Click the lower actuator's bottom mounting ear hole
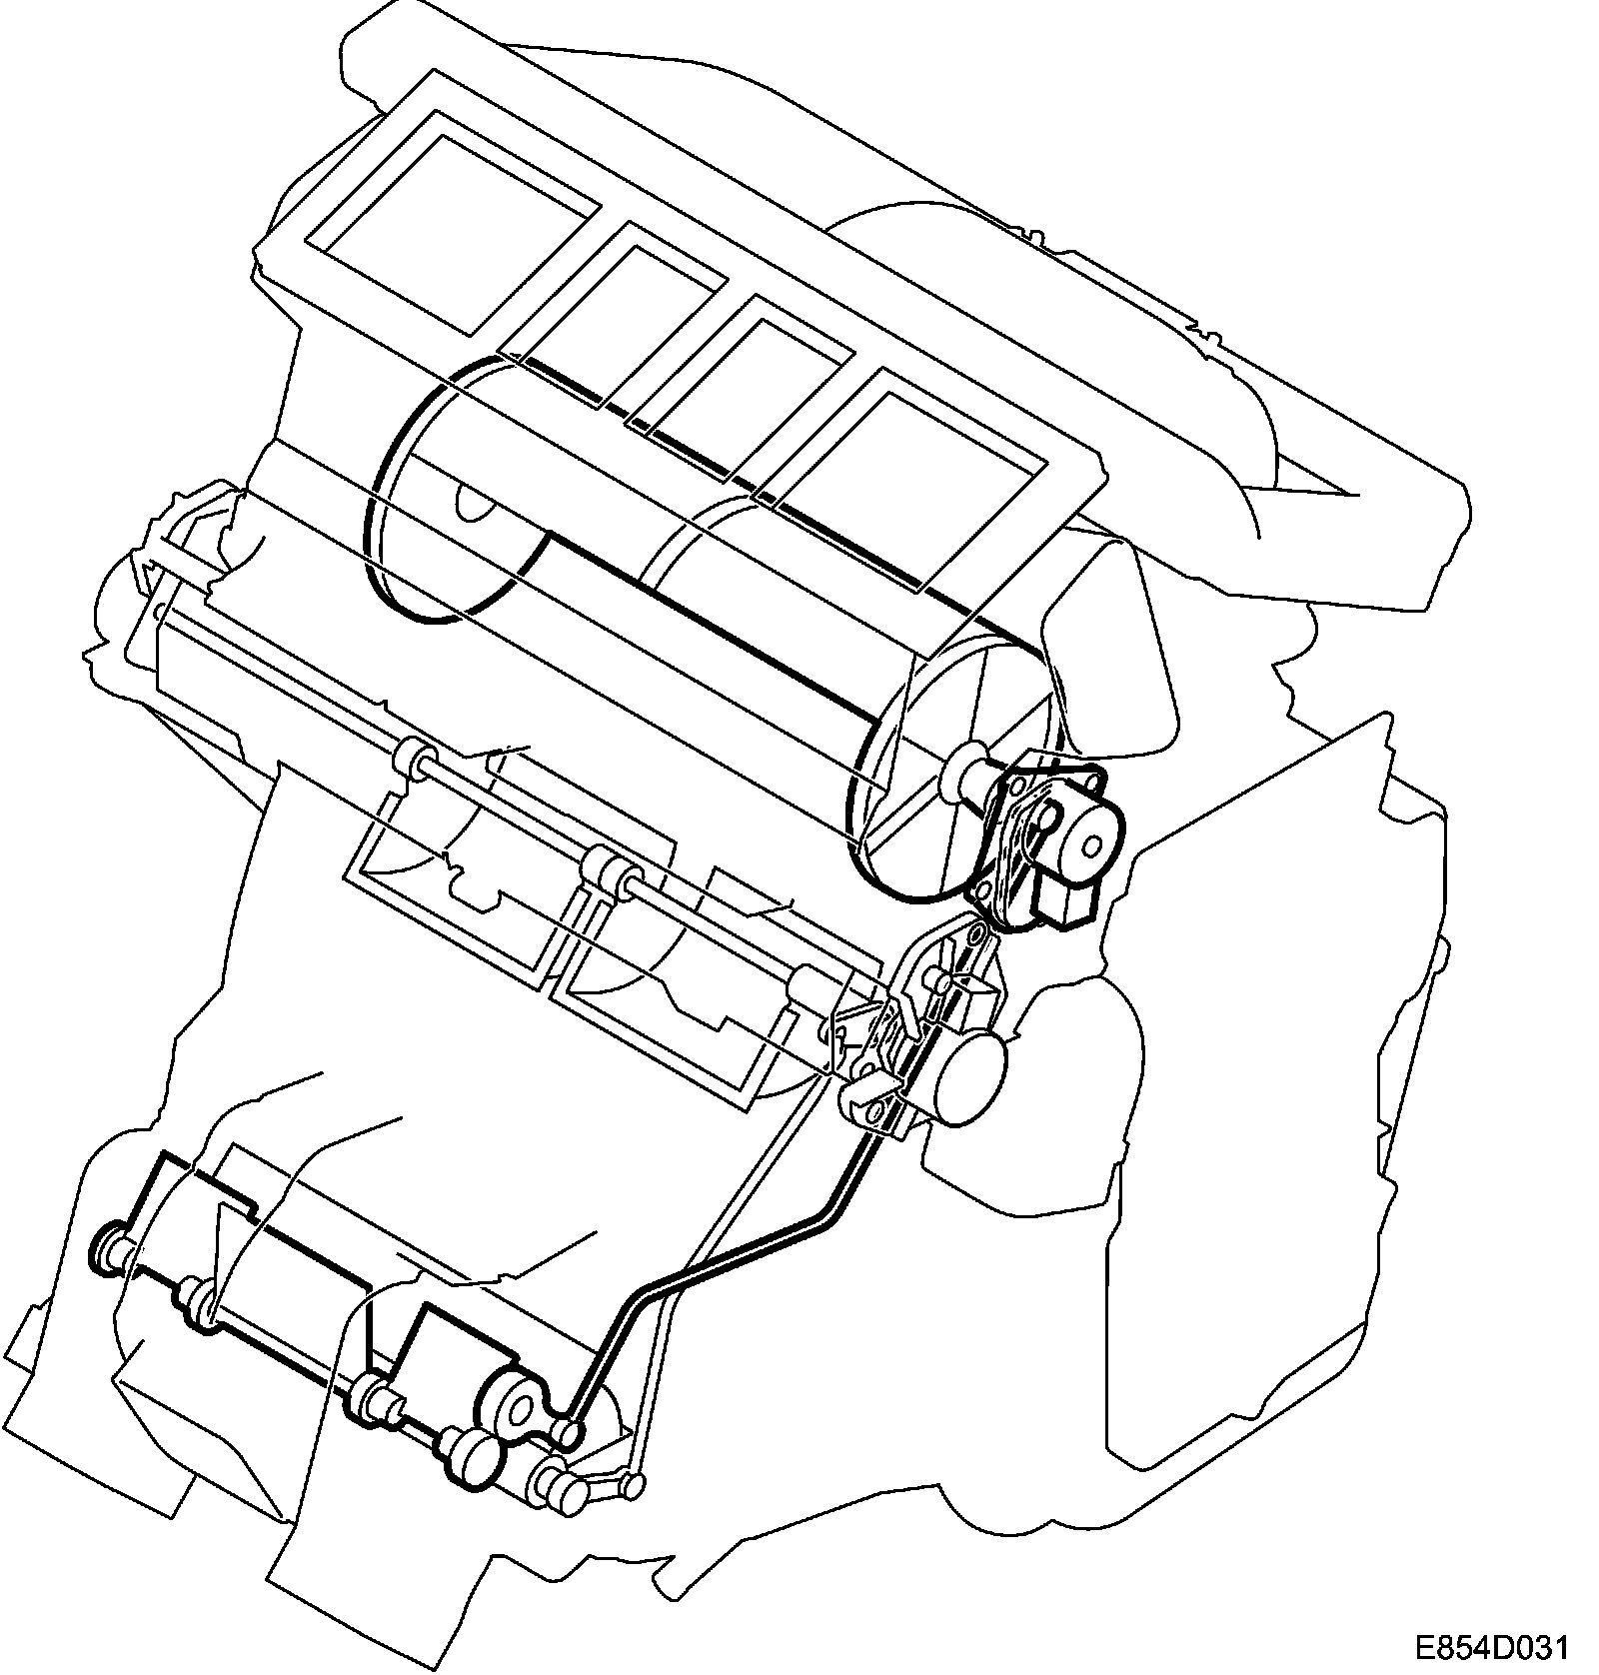(878, 1110)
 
